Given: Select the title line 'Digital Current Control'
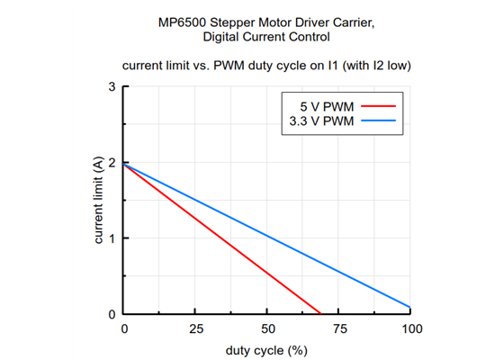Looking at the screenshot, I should pyautogui.click(x=266, y=37).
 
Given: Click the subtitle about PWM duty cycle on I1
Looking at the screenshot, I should pyautogui.click(x=266, y=66).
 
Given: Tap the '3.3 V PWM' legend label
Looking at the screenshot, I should pyautogui.click(x=319, y=120).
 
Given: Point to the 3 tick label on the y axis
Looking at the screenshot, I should pyautogui.click(x=112, y=87).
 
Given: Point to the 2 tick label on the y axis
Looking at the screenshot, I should pyautogui.click(x=112, y=163).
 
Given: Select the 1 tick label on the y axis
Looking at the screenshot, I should pyautogui.click(x=112, y=238).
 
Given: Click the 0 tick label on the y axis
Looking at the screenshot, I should pyautogui.click(x=112, y=314).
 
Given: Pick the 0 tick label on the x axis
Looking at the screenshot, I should pyautogui.click(x=124, y=329).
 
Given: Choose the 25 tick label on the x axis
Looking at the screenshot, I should pyautogui.click(x=195, y=329).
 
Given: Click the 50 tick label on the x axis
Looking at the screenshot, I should pyautogui.click(x=267, y=329).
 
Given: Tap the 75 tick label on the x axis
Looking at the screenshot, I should pyautogui.click(x=338, y=329).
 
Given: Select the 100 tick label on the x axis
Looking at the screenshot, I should pyautogui.click(x=410, y=329).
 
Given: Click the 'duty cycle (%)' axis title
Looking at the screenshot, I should pyautogui.click(x=266, y=349).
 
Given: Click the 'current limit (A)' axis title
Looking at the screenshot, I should pyautogui.click(x=97, y=200).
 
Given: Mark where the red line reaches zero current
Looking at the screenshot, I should pyautogui.click(x=320, y=314).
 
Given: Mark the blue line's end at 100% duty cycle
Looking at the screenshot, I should pyautogui.click(x=410, y=308).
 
